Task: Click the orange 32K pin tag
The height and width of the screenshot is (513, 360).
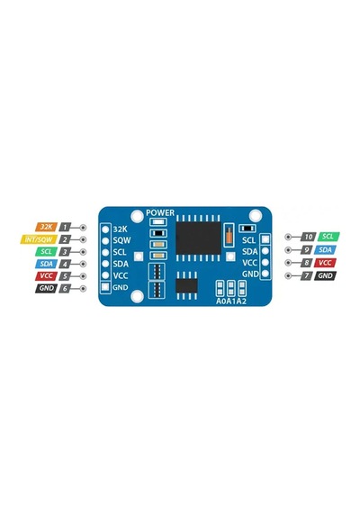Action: point(47,227)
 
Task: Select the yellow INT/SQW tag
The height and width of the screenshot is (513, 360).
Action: point(39,239)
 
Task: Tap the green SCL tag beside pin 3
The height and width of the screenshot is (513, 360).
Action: point(47,252)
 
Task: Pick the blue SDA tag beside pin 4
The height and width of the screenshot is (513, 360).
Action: point(47,264)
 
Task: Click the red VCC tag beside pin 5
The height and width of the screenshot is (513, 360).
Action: point(47,275)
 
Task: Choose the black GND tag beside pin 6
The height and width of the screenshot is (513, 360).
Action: point(47,288)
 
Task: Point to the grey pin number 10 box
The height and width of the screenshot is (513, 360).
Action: point(309,237)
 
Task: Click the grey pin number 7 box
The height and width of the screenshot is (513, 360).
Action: point(307,275)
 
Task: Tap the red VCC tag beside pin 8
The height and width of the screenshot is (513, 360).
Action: point(325,263)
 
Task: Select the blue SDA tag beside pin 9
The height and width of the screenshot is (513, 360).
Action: point(325,250)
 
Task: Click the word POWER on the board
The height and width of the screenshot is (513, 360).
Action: point(160,212)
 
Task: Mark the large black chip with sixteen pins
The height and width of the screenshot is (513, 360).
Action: point(198,238)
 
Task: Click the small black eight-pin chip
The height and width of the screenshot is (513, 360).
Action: point(186,285)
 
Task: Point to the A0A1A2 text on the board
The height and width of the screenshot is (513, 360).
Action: point(231,301)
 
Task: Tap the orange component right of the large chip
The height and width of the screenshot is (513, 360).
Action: point(229,235)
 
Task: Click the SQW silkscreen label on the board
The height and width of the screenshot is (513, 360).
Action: point(121,240)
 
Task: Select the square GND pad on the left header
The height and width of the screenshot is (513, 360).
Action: point(105,287)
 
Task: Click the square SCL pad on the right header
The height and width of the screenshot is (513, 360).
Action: point(265,239)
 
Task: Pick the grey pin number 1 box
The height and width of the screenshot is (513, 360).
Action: point(65,227)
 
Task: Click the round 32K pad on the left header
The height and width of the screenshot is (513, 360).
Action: point(105,229)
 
